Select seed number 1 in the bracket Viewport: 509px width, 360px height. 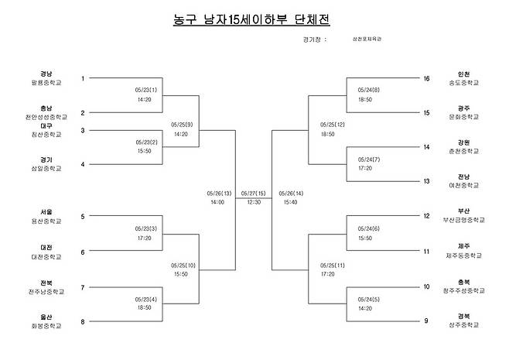pyautogui.click(x=83, y=78)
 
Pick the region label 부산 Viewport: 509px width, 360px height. pyautogui.click(x=464, y=211)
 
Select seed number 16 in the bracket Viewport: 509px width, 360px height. pyautogui.click(x=426, y=78)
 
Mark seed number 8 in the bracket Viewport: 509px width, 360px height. pyautogui.click(x=83, y=321)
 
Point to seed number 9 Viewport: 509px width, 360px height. pyautogui.click(x=426, y=321)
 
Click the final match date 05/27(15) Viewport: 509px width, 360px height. pyautogui.click(x=254, y=193)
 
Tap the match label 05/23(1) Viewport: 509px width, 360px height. pyautogui.click(x=146, y=90)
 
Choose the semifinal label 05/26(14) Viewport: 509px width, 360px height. pyautogui.click(x=291, y=193)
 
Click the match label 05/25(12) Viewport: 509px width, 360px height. pyautogui.click(x=333, y=125)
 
